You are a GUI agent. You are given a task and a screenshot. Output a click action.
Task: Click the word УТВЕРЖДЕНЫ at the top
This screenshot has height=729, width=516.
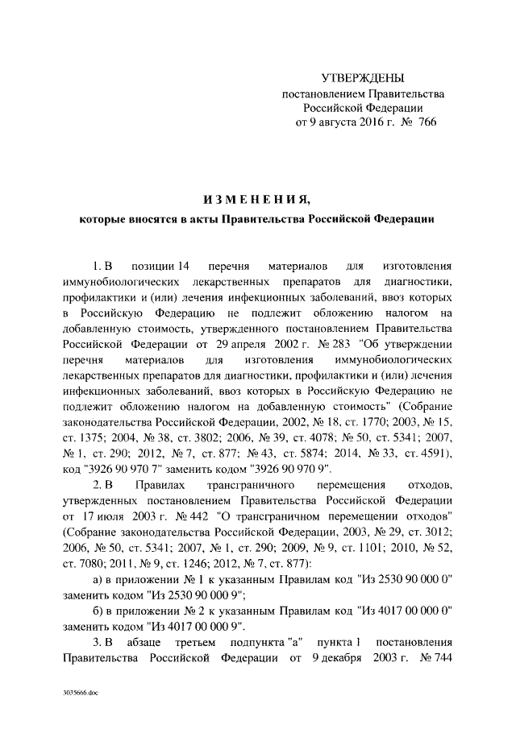click(x=362, y=79)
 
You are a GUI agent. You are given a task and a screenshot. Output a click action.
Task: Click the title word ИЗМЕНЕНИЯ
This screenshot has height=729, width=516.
click(x=256, y=198)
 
